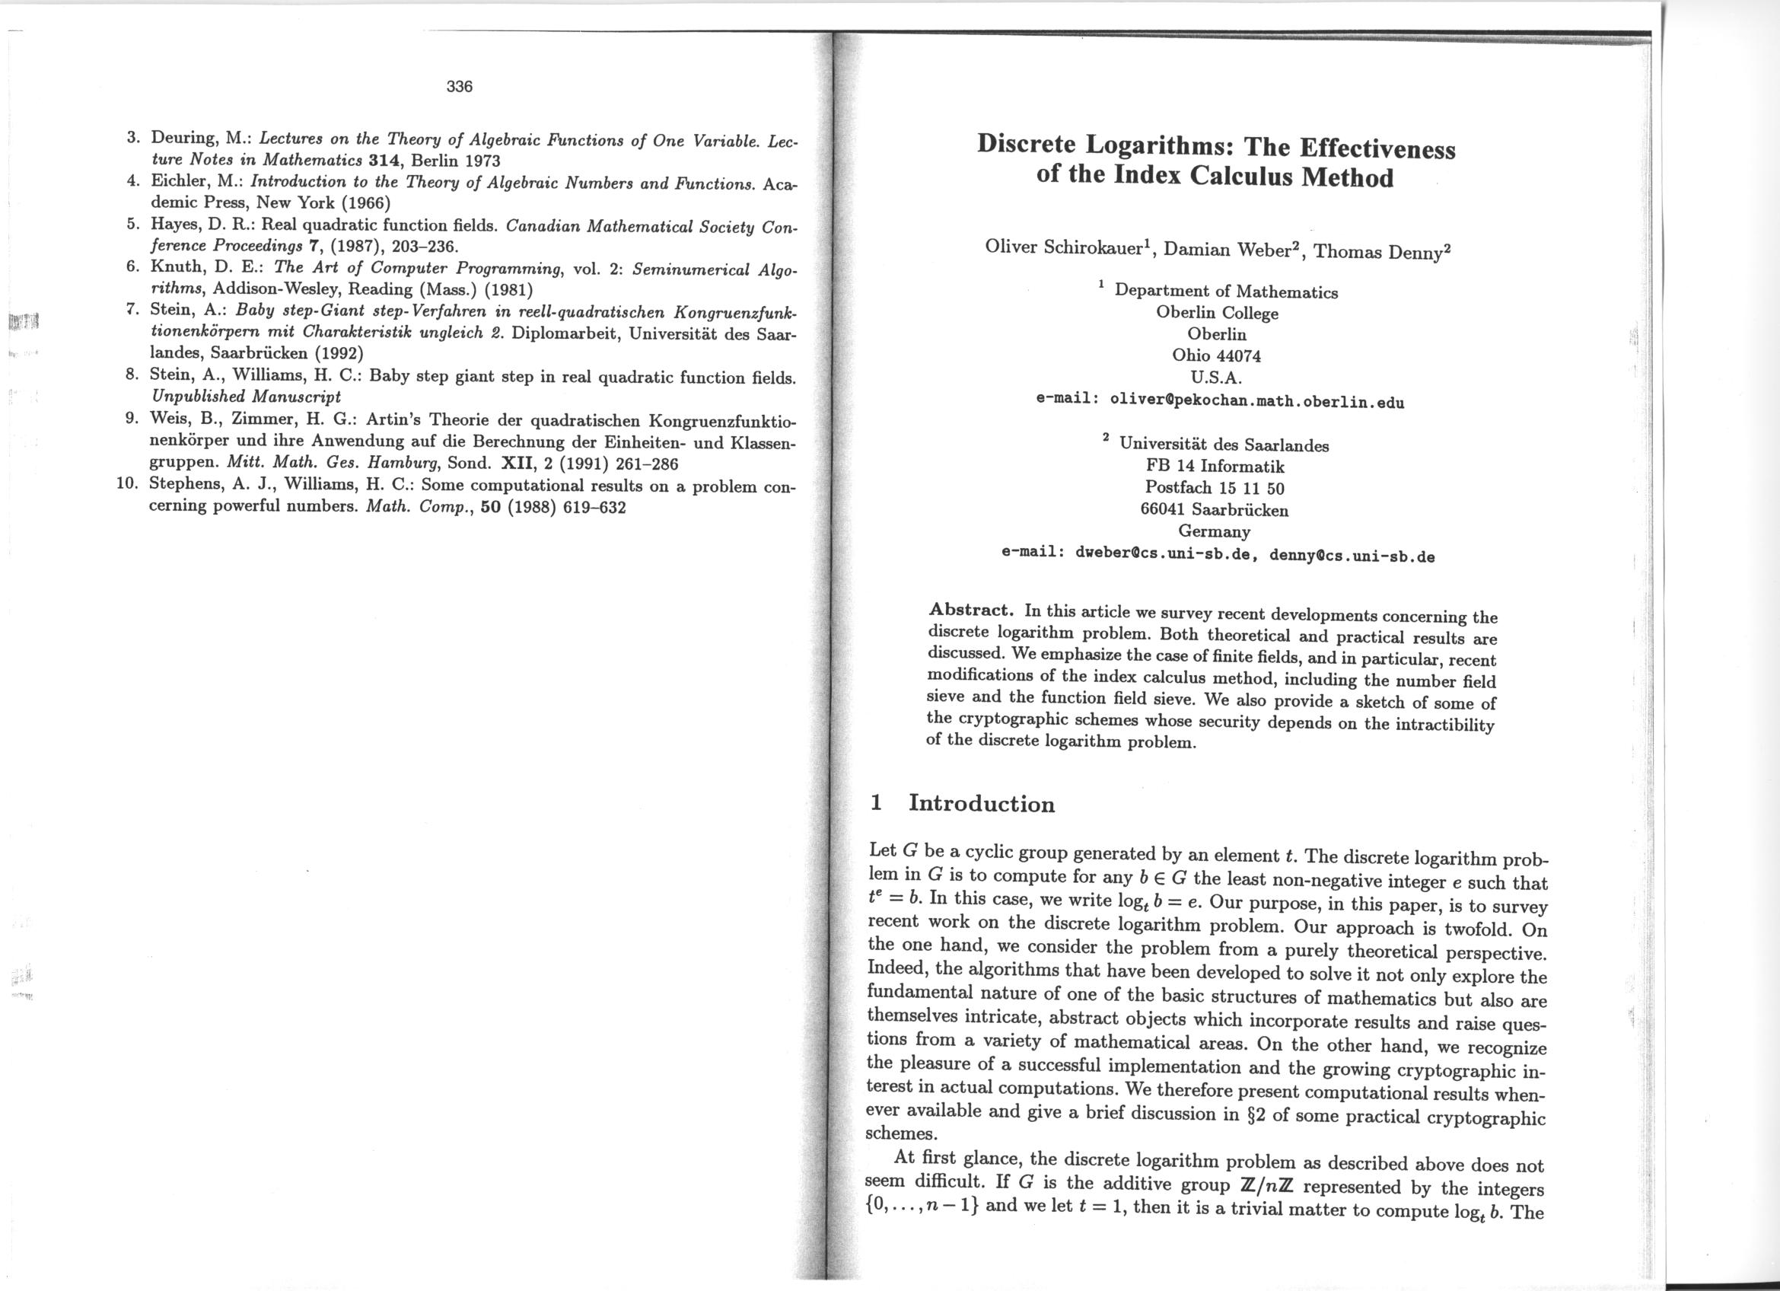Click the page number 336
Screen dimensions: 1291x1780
click(x=459, y=87)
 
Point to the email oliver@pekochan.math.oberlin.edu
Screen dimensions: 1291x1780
click(x=1256, y=401)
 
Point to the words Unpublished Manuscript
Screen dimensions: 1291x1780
click(x=245, y=396)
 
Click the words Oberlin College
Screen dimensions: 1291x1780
click(x=1217, y=313)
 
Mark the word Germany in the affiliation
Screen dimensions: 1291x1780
click(x=1214, y=532)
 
